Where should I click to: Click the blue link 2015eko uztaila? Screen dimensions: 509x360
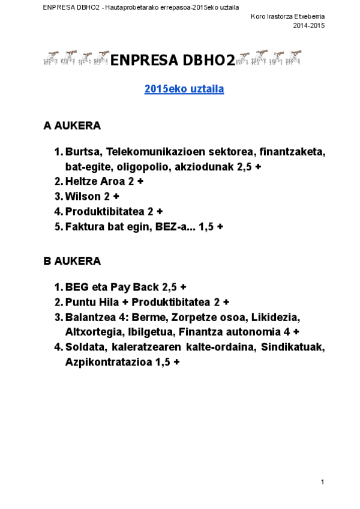click(x=184, y=89)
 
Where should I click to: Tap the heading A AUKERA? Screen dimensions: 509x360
click(x=72, y=126)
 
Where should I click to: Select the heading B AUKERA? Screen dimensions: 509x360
click(x=72, y=261)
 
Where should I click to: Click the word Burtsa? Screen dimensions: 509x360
click(x=82, y=152)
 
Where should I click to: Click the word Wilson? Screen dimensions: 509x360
click(x=83, y=196)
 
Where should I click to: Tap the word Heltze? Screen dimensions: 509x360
click(x=82, y=181)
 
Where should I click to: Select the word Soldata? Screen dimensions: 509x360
click(x=86, y=348)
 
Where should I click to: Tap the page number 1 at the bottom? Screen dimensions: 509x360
click(x=322, y=482)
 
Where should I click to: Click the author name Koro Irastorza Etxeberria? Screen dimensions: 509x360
click(x=287, y=17)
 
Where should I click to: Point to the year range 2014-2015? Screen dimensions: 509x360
click(x=308, y=26)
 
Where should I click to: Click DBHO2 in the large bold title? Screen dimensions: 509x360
click(x=208, y=60)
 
